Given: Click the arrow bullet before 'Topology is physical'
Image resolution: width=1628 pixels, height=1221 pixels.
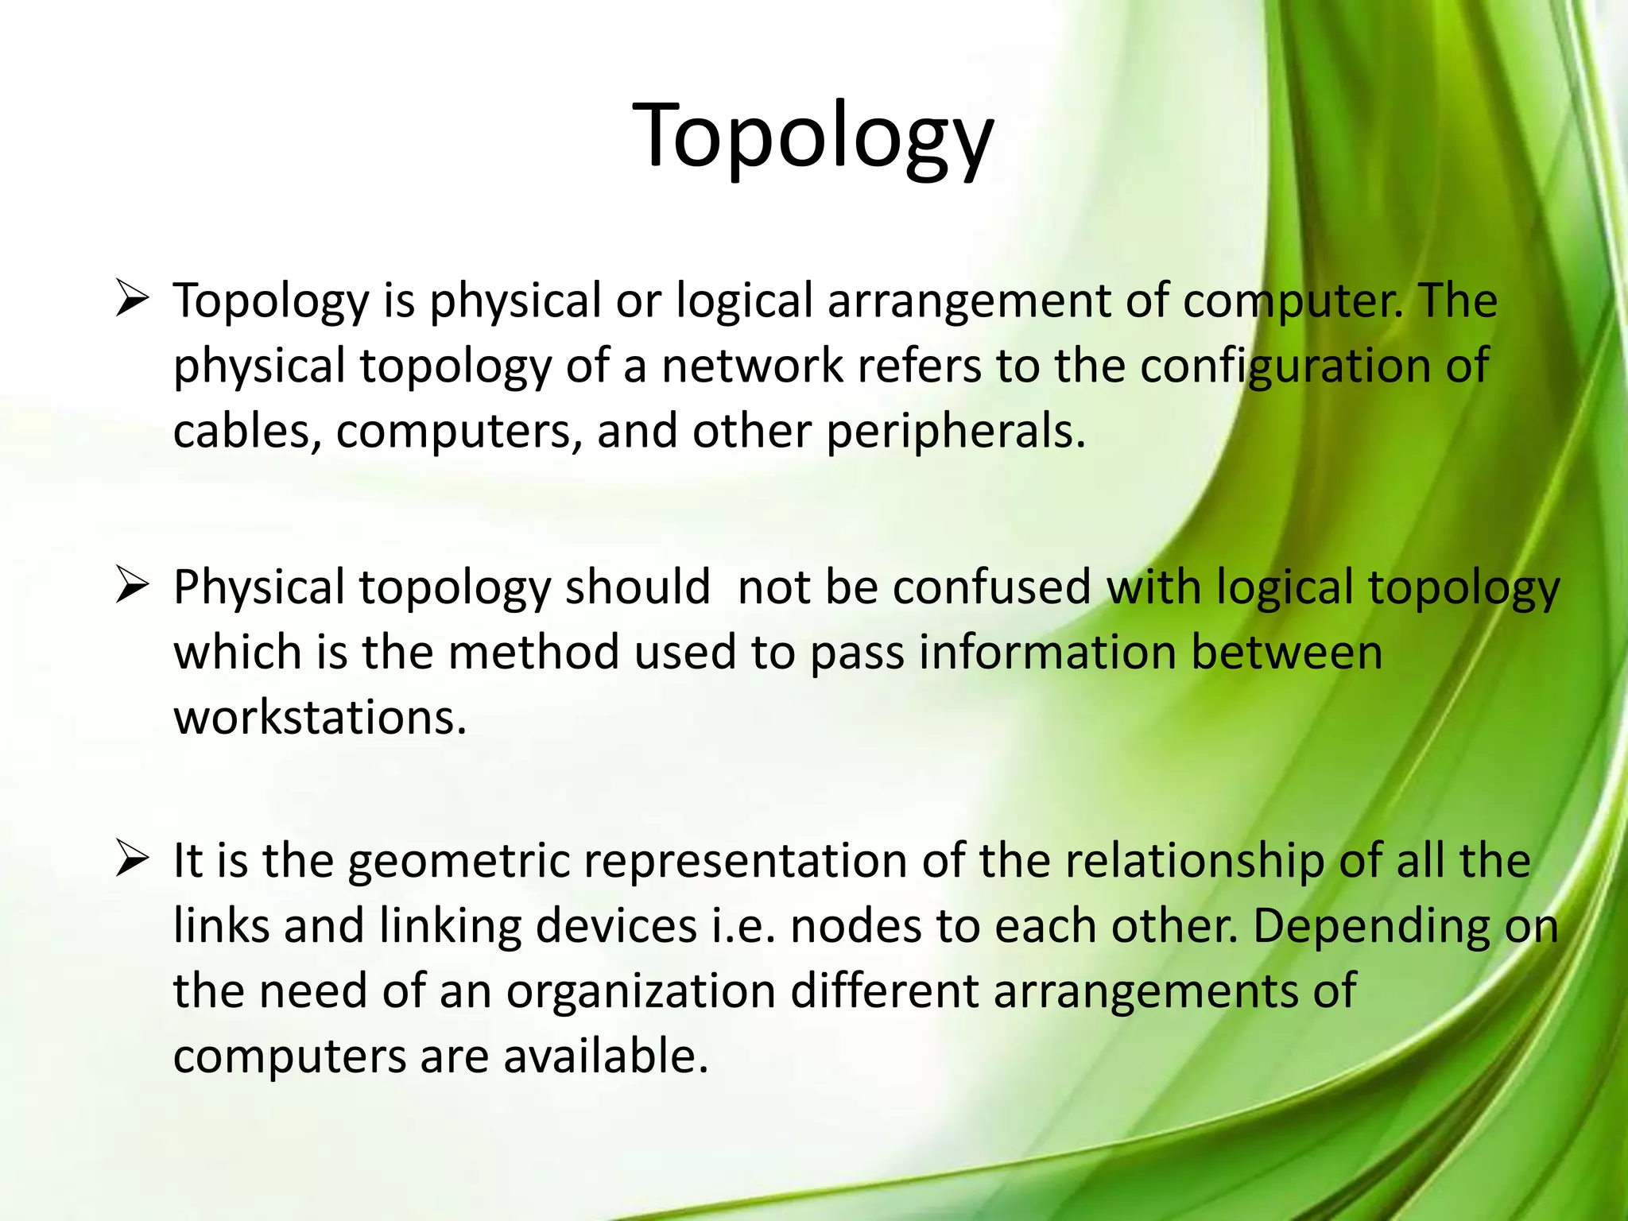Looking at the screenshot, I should (x=133, y=300).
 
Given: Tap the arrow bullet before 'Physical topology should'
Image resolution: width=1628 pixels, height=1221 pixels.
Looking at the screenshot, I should (x=133, y=587).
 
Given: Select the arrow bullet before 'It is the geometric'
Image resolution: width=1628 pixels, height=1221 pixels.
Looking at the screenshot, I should (x=133, y=859).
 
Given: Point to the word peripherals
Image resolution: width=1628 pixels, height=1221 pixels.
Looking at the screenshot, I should (x=955, y=432).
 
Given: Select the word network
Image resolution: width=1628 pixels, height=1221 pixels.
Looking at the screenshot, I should (x=752, y=366).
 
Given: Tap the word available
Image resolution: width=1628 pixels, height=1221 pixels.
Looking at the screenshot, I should (x=605, y=1056).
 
